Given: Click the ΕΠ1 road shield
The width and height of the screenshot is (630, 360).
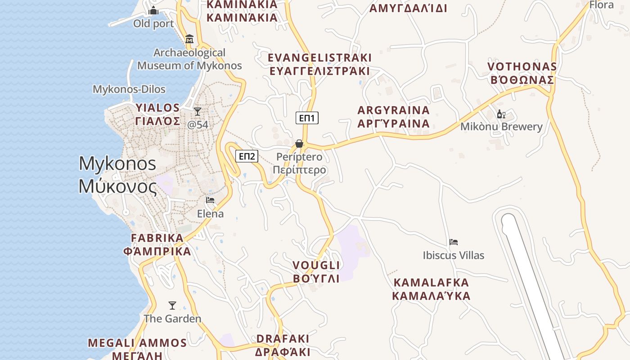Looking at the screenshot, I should pyautogui.click(x=307, y=118).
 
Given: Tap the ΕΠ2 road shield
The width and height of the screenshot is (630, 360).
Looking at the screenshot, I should pyautogui.click(x=247, y=156).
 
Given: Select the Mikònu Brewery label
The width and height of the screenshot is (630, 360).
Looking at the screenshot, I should pyautogui.click(x=501, y=126).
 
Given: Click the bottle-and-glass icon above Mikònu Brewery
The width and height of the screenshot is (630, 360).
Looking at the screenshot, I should pyautogui.click(x=501, y=114).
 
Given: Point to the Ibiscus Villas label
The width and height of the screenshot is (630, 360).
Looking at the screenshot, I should pyautogui.click(x=454, y=255).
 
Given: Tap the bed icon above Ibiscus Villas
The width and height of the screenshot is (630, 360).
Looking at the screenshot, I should pyautogui.click(x=454, y=242).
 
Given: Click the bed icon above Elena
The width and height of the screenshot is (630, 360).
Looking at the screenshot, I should pyautogui.click(x=210, y=200).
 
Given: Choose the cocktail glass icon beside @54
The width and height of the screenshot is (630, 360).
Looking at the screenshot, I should pyautogui.click(x=197, y=111).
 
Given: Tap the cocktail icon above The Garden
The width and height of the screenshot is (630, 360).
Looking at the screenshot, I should pyautogui.click(x=172, y=306).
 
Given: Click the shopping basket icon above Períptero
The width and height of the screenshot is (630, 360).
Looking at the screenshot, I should pyautogui.click(x=299, y=144).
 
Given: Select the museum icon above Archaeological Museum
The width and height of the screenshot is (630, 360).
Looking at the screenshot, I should pyautogui.click(x=189, y=39).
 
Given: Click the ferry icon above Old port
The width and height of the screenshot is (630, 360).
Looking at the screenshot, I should pyautogui.click(x=153, y=10).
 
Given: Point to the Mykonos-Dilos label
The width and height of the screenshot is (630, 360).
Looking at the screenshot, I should pyautogui.click(x=129, y=89).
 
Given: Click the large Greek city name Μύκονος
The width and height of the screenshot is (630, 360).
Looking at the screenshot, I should pyautogui.click(x=118, y=186).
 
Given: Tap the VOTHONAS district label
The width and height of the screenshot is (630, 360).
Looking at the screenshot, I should pyautogui.click(x=522, y=67).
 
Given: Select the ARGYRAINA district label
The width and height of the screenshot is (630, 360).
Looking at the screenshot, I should pyautogui.click(x=393, y=110).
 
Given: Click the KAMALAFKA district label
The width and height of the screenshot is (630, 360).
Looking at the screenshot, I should pyautogui.click(x=431, y=283).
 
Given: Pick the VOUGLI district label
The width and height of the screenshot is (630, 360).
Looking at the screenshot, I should pyautogui.click(x=316, y=265).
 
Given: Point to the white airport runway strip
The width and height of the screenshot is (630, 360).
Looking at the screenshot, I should pyautogui.click(x=531, y=279).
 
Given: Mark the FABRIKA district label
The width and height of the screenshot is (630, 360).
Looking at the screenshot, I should pyautogui.click(x=157, y=238).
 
